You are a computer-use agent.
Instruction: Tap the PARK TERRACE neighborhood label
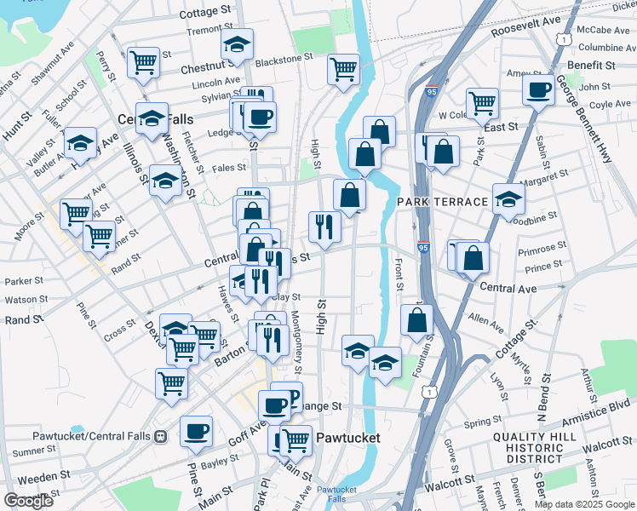pyautogui.click(x=442, y=201)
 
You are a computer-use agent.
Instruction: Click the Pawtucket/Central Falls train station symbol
pyautogui.click(x=159, y=437)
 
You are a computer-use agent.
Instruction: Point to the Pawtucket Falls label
pyautogui.click(x=336, y=494)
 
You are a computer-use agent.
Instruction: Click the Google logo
pyautogui.click(x=28, y=501)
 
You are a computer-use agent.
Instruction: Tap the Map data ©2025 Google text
pyautogui.click(x=583, y=504)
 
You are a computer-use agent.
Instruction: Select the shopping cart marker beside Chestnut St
pyautogui.click(x=143, y=62)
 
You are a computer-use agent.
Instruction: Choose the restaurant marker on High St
pyautogui.click(x=324, y=226)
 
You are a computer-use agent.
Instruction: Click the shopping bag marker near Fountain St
pyautogui.click(x=416, y=320)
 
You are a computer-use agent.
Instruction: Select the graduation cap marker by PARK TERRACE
pyautogui.click(x=508, y=199)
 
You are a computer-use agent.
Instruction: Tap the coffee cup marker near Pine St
pyautogui.click(x=197, y=431)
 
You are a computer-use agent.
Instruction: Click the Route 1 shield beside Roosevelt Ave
pyautogui.click(x=563, y=39)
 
